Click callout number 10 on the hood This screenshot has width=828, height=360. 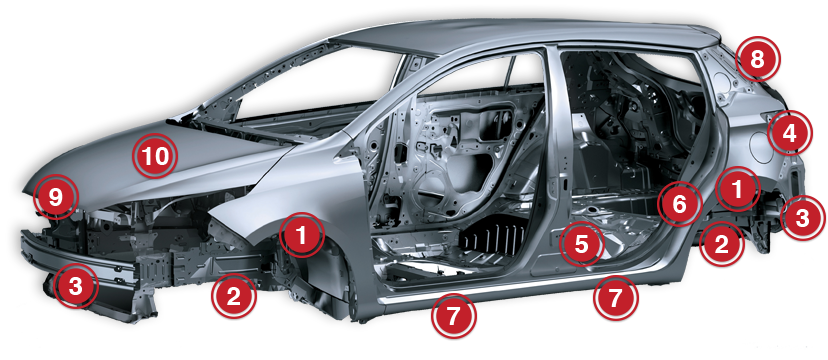point(155,156)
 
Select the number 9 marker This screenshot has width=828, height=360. point(55,197)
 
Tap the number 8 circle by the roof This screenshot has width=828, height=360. point(757,60)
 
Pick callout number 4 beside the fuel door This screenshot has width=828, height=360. point(789,134)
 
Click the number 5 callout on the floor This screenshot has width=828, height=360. point(581,244)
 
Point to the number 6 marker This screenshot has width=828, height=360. point(680,204)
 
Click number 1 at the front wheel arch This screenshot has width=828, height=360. point(302,235)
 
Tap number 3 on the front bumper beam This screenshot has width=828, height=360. point(76,287)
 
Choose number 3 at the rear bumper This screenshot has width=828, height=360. point(802,217)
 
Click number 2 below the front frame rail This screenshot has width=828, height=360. point(233,296)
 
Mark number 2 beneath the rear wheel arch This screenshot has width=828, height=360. point(721,244)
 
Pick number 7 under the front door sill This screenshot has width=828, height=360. point(454,316)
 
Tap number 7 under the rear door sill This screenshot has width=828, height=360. point(616,298)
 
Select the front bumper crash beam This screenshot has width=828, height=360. point(79,259)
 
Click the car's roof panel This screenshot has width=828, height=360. point(523,34)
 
